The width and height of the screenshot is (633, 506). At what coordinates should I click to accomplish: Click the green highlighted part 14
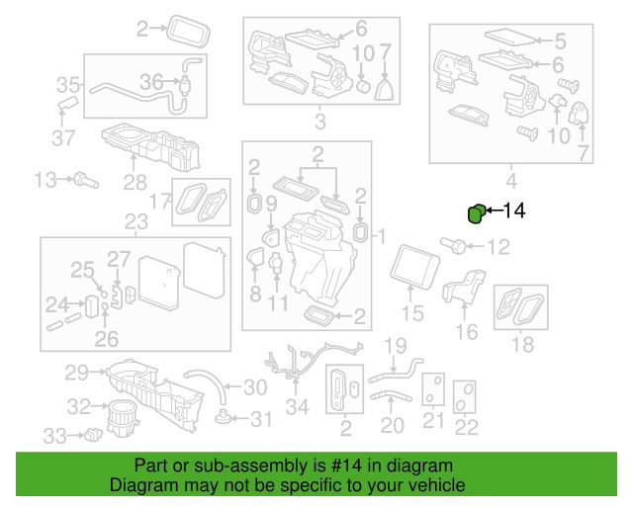(x=476, y=213)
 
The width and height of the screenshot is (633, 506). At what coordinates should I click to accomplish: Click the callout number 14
(x=513, y=211)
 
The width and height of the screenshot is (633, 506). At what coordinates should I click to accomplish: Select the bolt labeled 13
(x=86, y=180)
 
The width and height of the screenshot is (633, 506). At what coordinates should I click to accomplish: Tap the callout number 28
(x=135, y=183)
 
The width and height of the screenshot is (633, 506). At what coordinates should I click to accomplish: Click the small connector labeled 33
(x=93, y=435)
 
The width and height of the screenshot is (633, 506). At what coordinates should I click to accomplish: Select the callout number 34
(x=297, y=407)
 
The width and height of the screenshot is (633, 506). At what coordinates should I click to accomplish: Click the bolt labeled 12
(x=454, y=245)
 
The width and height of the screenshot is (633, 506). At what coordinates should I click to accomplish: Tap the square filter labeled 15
(x=414, y=267)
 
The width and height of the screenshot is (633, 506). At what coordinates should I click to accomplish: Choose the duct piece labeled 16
(x=464, y=287)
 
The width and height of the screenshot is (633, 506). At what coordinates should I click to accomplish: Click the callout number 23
(x=136, y=221)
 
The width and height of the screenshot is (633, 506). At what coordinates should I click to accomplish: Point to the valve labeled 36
(x=186, y=84)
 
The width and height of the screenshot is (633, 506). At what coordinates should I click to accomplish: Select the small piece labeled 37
(x=68, y=103)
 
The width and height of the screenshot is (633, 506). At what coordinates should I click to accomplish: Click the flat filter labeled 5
(x=510, y=37)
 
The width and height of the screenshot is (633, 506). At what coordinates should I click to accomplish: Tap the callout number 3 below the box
(x=320, y=121)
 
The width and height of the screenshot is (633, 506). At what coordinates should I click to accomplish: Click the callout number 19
(x=396, y=346)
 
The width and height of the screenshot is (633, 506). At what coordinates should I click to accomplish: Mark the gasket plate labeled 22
(x=464, y=396)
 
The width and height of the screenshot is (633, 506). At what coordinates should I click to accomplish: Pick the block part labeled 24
(x=92, y=306)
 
